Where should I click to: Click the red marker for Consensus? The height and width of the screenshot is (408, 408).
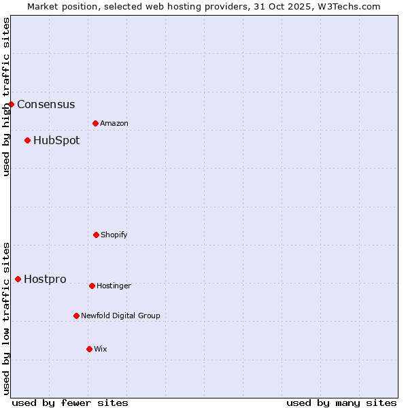(12, 104)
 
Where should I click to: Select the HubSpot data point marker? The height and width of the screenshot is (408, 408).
(28, 140)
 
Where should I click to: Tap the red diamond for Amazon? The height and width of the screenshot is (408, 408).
(96, 123)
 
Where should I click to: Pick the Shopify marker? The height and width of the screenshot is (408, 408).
(96, 235)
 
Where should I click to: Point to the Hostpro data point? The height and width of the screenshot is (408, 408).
(18, 279)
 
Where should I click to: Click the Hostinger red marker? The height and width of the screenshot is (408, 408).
(92, 286)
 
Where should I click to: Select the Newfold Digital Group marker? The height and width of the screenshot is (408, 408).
(76, 316)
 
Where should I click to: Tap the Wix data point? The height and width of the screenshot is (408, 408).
(89, 349)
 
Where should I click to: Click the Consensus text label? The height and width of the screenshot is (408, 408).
(46, 104)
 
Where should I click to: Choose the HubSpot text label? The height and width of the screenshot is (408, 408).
(56, 140)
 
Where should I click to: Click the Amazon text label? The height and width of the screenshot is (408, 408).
(114, 123)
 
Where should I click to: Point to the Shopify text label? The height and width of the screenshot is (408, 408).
(114, 235)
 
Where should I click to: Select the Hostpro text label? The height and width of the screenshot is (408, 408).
(45, 279)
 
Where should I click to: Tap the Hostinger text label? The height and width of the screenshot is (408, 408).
(114, 286)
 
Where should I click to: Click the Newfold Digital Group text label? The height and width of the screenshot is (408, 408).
(120, 316)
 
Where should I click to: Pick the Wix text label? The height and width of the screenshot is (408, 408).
(101, 349)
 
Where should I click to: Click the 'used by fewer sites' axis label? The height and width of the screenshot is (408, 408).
(70, 403)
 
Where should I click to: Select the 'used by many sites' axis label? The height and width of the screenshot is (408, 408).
(341, 403)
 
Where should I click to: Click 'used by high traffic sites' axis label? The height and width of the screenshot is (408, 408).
(6, 97)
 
